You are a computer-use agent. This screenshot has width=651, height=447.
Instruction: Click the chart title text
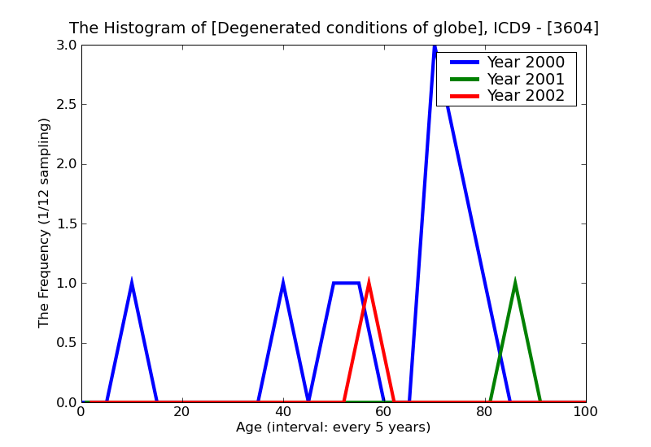pos(334,28)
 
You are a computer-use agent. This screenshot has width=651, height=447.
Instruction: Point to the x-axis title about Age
pos(333,427)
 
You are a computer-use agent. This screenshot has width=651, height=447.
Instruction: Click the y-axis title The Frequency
pos(45,223)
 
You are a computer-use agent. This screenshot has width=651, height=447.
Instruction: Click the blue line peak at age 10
pos(132,284)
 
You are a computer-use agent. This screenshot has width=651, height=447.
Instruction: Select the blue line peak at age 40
pos(283,284)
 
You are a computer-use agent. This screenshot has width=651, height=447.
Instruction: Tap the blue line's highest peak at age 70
pos(435,47)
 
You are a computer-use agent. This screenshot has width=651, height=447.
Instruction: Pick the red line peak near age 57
pos(369,284)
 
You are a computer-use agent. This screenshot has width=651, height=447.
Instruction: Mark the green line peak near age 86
pos(515,284)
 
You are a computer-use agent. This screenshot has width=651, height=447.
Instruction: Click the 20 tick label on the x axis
pos(182,412)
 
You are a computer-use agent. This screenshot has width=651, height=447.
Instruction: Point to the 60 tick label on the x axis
pos(384,412)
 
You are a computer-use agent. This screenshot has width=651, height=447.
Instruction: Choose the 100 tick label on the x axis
pos(585,412)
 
